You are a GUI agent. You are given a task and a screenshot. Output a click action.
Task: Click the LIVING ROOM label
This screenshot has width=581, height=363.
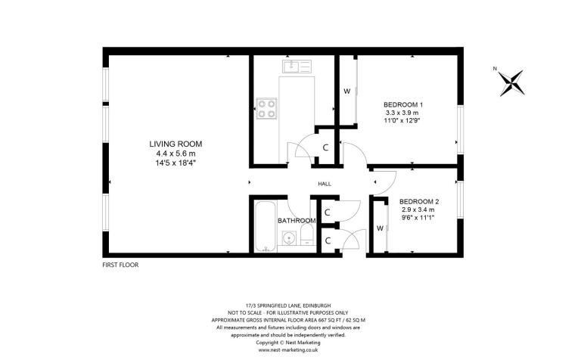[x=175, y=144]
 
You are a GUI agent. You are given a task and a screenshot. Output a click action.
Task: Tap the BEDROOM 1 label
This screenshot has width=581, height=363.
[x=402, y=104]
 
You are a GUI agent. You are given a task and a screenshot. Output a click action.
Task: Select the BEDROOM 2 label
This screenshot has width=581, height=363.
[x=419, y=202]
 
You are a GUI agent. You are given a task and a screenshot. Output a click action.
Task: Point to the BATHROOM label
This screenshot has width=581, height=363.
[x=295, y=220]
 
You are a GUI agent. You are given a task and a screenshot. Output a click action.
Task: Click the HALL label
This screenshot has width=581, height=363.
[x=324, y=184]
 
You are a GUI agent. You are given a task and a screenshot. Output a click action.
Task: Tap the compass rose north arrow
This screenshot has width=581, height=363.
[x=512, y=82]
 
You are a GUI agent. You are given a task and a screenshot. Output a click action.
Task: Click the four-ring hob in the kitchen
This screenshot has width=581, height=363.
[x=266, y=109]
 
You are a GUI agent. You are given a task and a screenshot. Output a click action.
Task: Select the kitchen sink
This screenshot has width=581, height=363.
[x=295, y=67]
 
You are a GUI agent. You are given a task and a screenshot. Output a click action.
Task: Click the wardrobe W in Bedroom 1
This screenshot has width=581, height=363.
[x=346, y=92]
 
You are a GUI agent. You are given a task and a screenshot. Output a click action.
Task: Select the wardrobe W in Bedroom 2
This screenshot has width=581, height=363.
[x=379, y=228]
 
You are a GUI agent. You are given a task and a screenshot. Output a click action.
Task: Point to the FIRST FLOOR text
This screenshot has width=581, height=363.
[x=121, y=265]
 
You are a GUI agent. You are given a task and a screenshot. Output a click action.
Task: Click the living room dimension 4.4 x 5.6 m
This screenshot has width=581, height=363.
[x=175, y=154]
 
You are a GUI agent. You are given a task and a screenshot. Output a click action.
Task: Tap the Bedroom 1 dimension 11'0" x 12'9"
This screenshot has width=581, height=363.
[x=402, y=121]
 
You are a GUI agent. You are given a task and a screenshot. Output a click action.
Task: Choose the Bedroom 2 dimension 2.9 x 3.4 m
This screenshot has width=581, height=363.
[x=419, y=210]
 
